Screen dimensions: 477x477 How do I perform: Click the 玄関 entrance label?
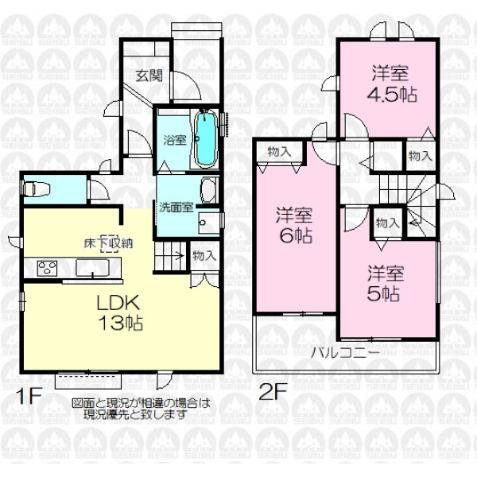pyautogui.click(x=149, y=76)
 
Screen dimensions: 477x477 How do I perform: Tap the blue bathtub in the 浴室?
pyautogui.click(x=206, y=138)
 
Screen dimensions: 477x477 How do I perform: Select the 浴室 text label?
pyautogui.click(x=175, y=140)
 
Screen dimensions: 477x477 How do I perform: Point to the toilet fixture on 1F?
pyautogui.click(x=37, y=188)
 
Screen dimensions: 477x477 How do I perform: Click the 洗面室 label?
pyautogui.click(x=176, y=207)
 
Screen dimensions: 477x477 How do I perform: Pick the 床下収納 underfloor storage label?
pyautogui.click(x=109, y=244)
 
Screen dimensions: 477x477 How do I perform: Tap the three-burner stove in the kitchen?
pyautogui.click(x=47, y=269)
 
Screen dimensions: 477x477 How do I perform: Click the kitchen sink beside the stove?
pyautogui.click(x=92, y=267)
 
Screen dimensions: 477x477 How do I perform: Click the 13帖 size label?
pyautogui.click(x=121, y=323)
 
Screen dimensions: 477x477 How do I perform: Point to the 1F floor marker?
pyautogui.click(x=29, y=397)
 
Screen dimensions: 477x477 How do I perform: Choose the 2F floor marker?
pyautogui.click(x=273, y=393)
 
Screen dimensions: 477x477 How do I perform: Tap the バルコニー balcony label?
pyautogui.click(x=345, y=353)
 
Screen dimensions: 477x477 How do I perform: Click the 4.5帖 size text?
pyautogui.click(x=392, y=95)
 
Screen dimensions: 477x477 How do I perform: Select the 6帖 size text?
pyautogui.click(x=296, y=236)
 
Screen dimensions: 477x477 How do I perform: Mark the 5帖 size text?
pyautogui.click(x=383, y=294)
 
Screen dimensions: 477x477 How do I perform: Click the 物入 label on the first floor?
pyautogui.click(x=205, y=255)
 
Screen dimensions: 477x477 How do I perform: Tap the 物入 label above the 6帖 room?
pyautogui.click(x=279, y=151)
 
